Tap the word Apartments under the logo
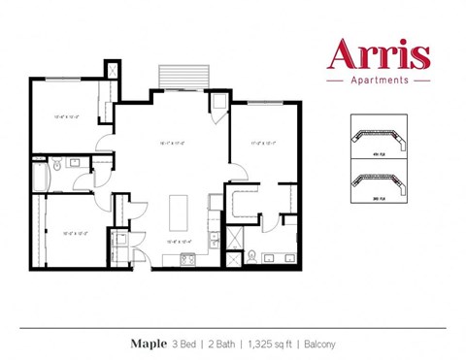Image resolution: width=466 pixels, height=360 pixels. pos(379,81)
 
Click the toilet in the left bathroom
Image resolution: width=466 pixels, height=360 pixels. pos(57,166)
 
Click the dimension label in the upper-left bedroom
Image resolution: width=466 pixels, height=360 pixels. pos(65,116)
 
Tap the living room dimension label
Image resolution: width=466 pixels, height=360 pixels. pos(174,145)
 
